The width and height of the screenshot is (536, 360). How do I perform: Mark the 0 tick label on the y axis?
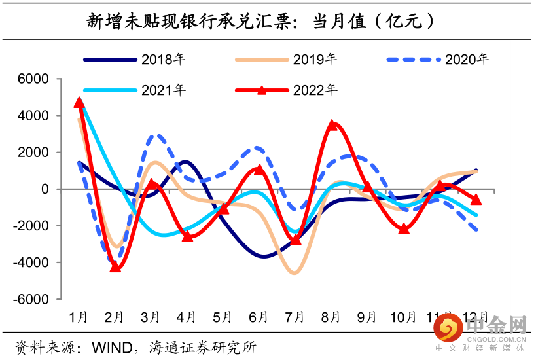[46, 189]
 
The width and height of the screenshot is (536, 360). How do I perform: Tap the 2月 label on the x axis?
[115, 317]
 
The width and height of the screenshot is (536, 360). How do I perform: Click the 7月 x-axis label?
[295, 317]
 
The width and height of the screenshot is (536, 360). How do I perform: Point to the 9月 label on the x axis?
[367, 317]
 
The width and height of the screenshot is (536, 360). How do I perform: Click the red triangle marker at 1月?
[79, 102]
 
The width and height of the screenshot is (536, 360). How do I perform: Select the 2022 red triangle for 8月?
[332, 124]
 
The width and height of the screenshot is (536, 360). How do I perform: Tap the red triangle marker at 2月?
[115, 266]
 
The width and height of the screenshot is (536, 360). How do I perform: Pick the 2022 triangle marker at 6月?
[259, 170]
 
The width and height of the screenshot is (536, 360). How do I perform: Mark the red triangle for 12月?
[476, 199]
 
